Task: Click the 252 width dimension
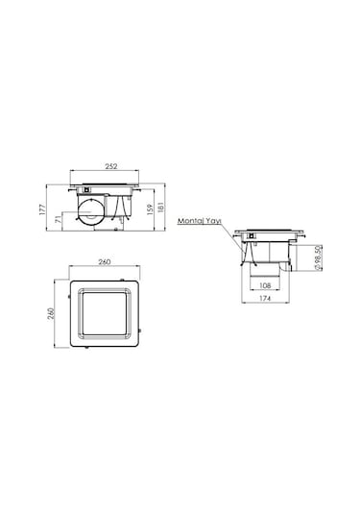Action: pos(111,166)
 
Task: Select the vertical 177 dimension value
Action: pos(42,209)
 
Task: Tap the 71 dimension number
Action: pos(58,219)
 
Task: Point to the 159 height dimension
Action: pos(150,209)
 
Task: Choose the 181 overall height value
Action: pos(160,208)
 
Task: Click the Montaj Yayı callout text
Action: pos(200,221)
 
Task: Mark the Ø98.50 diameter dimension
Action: pos(318,257)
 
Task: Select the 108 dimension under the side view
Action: pos(265,285)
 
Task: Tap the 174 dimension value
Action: pos(265,299)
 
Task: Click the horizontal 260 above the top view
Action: pos(105,262)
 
